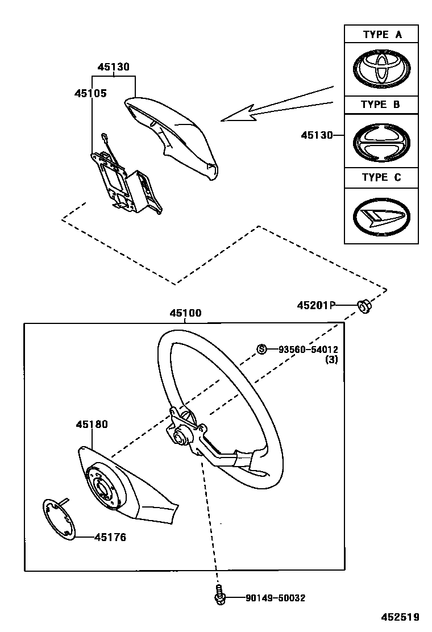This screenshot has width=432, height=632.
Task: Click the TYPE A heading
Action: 382,35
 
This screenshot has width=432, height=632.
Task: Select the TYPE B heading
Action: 381,105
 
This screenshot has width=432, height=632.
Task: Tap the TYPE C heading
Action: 381,177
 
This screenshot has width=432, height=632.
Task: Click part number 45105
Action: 90,93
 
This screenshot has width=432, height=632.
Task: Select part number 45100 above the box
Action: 185,313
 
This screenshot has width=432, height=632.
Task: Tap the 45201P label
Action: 315,306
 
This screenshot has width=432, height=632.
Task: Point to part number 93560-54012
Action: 308,349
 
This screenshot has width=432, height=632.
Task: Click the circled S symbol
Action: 262,349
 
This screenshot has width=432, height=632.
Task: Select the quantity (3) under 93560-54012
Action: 331,359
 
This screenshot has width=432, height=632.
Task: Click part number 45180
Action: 92,425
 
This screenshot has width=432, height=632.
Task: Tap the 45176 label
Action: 110,537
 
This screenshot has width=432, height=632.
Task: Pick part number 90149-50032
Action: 275,598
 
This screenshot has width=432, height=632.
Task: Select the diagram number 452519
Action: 400,617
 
